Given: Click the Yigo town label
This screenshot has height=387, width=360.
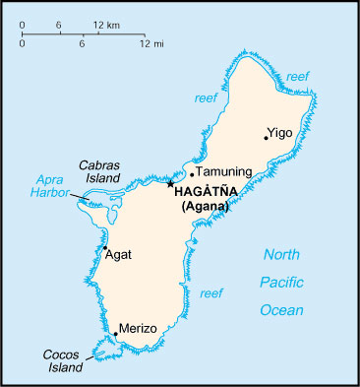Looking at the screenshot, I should [280, 131].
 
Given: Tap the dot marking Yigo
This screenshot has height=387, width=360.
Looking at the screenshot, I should [266, 137].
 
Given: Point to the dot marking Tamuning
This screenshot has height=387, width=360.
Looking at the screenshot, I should [192, 175].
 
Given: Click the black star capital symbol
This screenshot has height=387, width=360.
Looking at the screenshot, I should [171, 183].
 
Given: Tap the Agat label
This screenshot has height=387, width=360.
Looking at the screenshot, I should [118, 255].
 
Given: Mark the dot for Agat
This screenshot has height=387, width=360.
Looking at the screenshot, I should [105, 248].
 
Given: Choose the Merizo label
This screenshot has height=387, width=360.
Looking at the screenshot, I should [138, 328].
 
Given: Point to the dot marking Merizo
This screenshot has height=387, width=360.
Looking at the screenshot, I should [116, 334].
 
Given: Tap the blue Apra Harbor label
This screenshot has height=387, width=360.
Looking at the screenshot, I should [48, 186].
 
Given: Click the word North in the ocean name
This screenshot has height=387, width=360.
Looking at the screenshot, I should [282, 256].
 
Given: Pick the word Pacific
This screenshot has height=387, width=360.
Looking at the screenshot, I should [282, 283].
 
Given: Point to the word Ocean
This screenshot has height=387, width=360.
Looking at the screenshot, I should [282, 310].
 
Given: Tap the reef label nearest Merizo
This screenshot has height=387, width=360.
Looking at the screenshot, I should [210, 293].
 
